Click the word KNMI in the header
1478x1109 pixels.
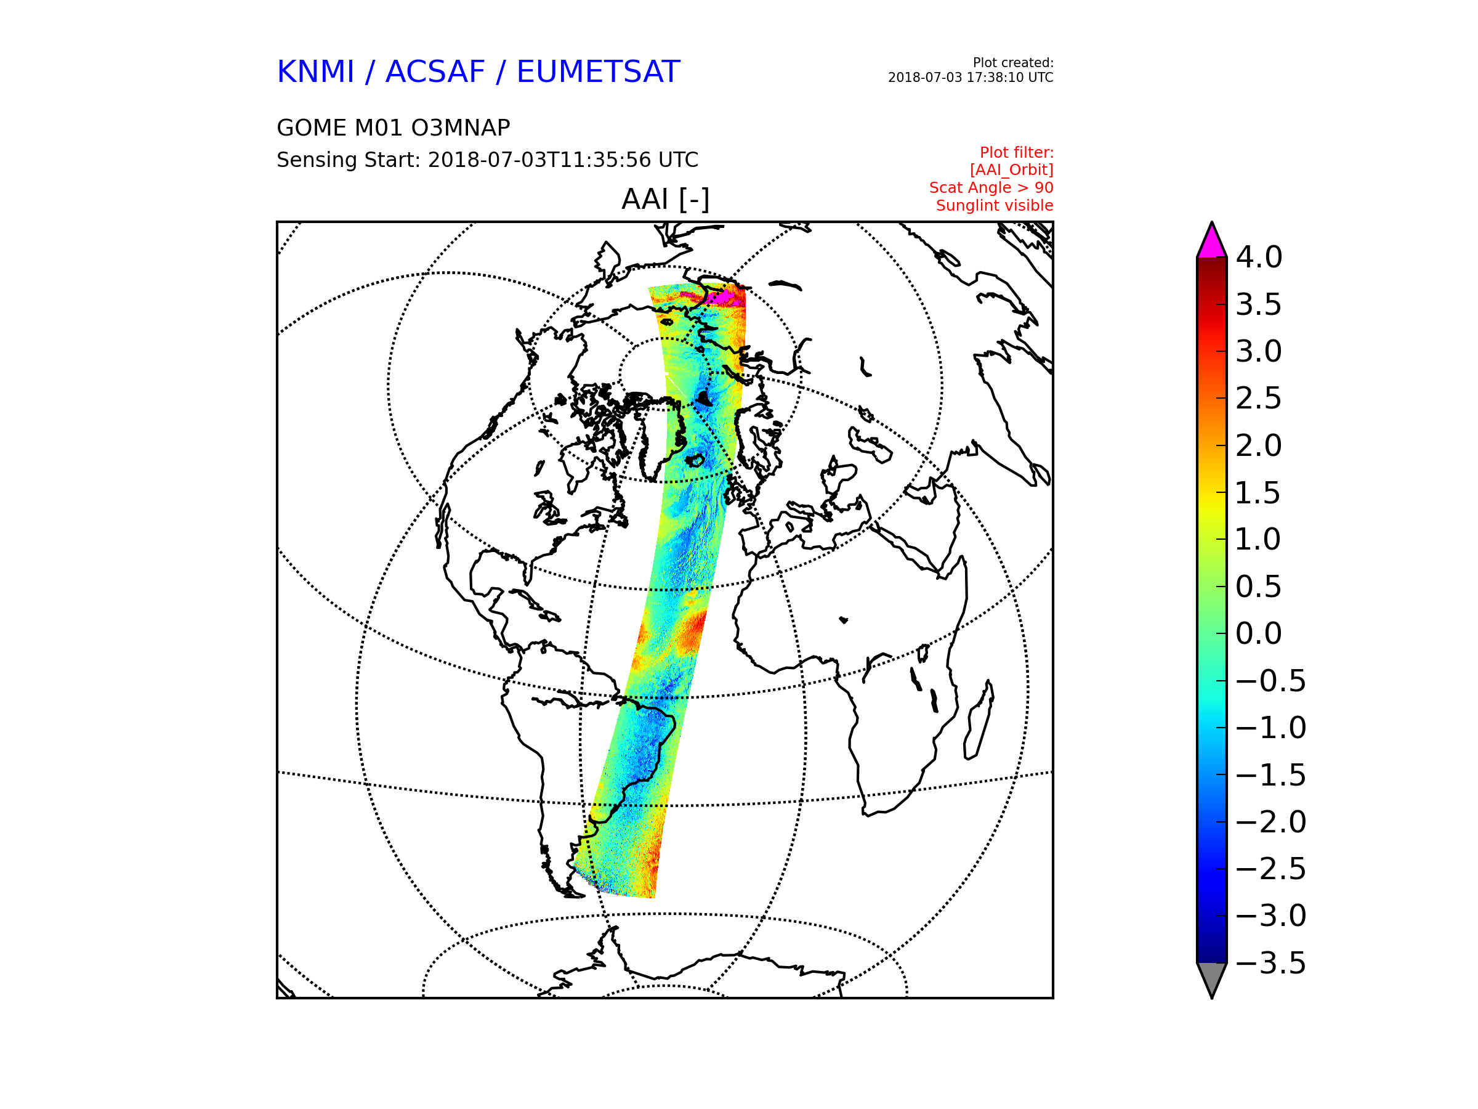(315, 71)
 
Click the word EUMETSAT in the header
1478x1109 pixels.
(598, 71)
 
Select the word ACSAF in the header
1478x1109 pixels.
(435, 71)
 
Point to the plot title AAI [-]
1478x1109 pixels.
(665, 199)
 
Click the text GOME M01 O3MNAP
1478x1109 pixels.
(394, 128)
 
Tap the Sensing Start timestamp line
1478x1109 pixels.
(487, 160)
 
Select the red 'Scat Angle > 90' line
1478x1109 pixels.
(991, 188)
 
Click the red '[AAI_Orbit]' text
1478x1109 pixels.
(1011, 171)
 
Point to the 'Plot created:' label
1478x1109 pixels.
(1013, 63)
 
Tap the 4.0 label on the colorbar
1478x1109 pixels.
(1258, 258)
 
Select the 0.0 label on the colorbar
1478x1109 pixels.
(1258, 634)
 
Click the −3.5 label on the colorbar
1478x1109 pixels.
(1270, 963)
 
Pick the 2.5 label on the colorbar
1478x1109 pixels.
(1258, 399)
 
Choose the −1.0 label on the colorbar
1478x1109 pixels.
(1270, 728)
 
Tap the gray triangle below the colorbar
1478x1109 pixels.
(1211, 977)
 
